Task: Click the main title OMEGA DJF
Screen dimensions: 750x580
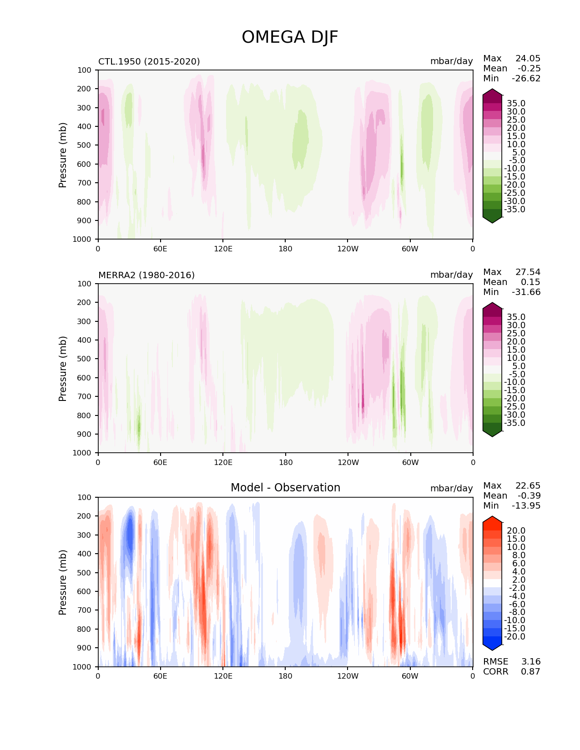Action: coord(290,37)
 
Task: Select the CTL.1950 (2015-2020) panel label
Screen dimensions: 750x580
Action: coord(149,61)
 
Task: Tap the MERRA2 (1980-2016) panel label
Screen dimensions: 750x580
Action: coord(146,275)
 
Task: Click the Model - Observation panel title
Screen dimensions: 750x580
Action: coord(285,488)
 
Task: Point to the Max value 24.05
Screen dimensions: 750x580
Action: coord(528,59)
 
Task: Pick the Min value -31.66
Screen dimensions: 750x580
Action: coord(526,292)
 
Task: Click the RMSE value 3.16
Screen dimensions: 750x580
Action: coord(530,661)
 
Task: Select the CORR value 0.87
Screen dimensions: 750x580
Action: coord(530,671)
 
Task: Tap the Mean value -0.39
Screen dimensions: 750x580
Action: coord(529,496)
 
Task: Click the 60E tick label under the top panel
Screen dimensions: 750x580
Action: coord(160,249)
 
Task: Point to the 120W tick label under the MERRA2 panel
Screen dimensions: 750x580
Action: coord(348,462)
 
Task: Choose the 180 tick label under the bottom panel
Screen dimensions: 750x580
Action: coord(285,676)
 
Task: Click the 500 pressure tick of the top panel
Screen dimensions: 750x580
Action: coord(85,145)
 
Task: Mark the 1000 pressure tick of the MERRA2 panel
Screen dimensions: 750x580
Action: coord(83,453)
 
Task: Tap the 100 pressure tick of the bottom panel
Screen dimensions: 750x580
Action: coord(85,497)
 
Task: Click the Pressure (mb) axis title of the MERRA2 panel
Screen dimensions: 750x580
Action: coord(63,368)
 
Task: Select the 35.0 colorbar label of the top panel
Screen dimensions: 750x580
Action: coord(516,104)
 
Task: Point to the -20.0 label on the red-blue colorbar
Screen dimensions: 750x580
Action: coord(514,636)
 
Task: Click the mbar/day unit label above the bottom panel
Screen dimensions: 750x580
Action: coord(451,488)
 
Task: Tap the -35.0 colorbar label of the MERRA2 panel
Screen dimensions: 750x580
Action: coord(514,423)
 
